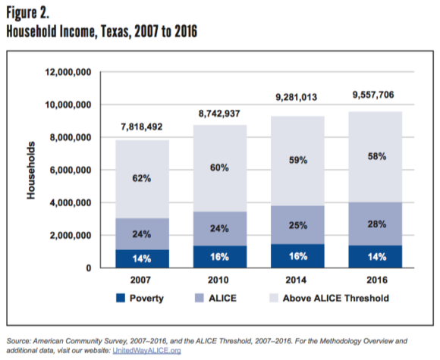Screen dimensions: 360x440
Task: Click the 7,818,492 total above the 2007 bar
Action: coord(142,127)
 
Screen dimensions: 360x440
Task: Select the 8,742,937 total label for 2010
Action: coord(219,111)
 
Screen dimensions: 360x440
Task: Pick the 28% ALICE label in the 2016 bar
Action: coord(376,225)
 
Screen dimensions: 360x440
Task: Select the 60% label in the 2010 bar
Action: coord(220,167)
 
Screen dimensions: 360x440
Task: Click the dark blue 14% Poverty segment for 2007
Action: coord(142,258)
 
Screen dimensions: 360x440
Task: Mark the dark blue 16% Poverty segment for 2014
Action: coord(297,256)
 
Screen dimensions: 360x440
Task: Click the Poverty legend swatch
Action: coord(127,298)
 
